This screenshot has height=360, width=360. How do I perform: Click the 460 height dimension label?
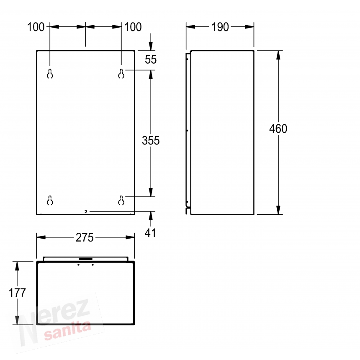point(278,129)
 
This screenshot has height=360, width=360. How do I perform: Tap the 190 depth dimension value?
point(220,27)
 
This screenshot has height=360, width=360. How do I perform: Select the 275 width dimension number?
point(85,238)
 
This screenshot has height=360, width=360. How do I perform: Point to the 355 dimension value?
point(151,141)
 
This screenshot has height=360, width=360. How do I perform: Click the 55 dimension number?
point(151,59)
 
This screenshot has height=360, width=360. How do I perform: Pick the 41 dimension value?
point(150,233)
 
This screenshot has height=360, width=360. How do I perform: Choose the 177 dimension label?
point(17,293)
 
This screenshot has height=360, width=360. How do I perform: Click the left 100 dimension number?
point(36,27)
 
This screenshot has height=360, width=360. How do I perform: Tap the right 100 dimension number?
point(133,27)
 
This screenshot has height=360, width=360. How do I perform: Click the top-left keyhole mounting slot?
point(50,74)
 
